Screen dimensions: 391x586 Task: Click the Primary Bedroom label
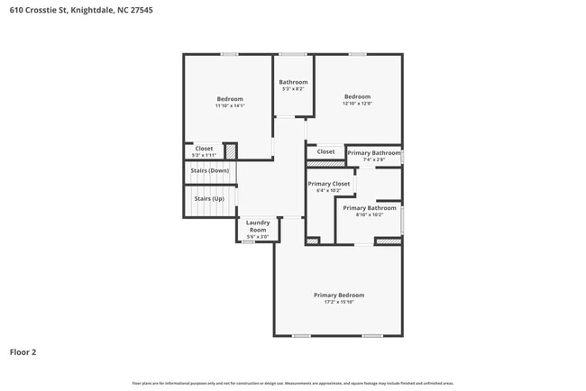(339, 295)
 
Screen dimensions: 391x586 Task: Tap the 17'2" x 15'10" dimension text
(339, 303)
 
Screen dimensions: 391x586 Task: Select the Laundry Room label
(258, 226)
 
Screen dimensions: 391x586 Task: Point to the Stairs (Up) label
(209, 198)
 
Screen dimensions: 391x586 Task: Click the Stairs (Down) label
(210, 170)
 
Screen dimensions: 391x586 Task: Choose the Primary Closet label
(328, 183)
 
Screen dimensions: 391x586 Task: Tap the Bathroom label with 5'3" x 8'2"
(293, 82)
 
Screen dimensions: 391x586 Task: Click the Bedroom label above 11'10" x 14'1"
(230, 98)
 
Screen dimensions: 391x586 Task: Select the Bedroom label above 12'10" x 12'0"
(357, 96)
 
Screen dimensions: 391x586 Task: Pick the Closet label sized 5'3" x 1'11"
(204, 149)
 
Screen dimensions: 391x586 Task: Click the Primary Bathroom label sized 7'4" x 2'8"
(373, 153)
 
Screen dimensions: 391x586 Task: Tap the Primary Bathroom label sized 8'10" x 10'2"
(369, 207)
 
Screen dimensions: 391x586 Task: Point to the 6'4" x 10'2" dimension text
(328, 190)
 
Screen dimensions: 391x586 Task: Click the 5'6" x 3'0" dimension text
(258, 237)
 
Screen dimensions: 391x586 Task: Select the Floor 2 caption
(23, 352)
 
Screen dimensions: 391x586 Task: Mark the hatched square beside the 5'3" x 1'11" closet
(230, 151)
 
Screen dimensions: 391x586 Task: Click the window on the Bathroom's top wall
(292, 54)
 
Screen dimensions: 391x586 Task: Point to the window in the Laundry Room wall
(248, 242)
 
